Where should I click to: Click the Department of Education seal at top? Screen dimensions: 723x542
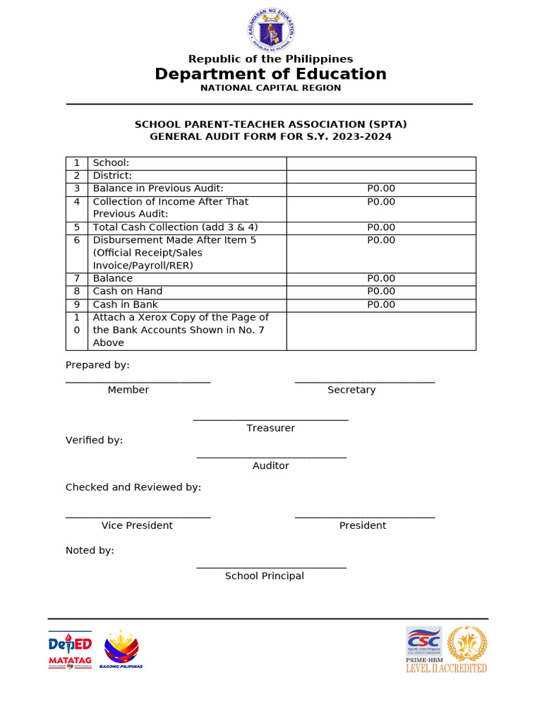[271, 29]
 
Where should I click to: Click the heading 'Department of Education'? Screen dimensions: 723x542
[271, 74]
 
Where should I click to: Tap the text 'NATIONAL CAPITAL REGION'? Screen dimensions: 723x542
[271, 88]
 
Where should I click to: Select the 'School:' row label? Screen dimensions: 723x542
[112, 163]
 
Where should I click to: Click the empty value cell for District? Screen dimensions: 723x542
[381, 176]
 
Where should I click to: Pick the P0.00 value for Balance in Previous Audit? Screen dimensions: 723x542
[381, 189]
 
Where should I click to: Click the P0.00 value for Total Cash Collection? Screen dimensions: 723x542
[381, 227]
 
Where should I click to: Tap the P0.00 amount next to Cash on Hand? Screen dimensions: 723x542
[381, 292]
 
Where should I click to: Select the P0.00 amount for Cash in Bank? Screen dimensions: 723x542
[381, 305]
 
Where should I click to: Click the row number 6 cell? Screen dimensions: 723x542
[77, 240]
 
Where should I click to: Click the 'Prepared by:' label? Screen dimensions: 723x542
[97, 365]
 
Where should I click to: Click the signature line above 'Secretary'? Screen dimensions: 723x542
[365, 382]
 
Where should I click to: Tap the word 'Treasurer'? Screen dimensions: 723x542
[271, 428]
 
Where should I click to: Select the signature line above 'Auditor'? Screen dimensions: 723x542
[271, 458]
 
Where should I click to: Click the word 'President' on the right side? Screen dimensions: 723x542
[363, 525]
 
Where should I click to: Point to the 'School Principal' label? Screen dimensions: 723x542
[265, 576]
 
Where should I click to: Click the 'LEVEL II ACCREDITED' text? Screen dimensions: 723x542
[446, 668]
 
